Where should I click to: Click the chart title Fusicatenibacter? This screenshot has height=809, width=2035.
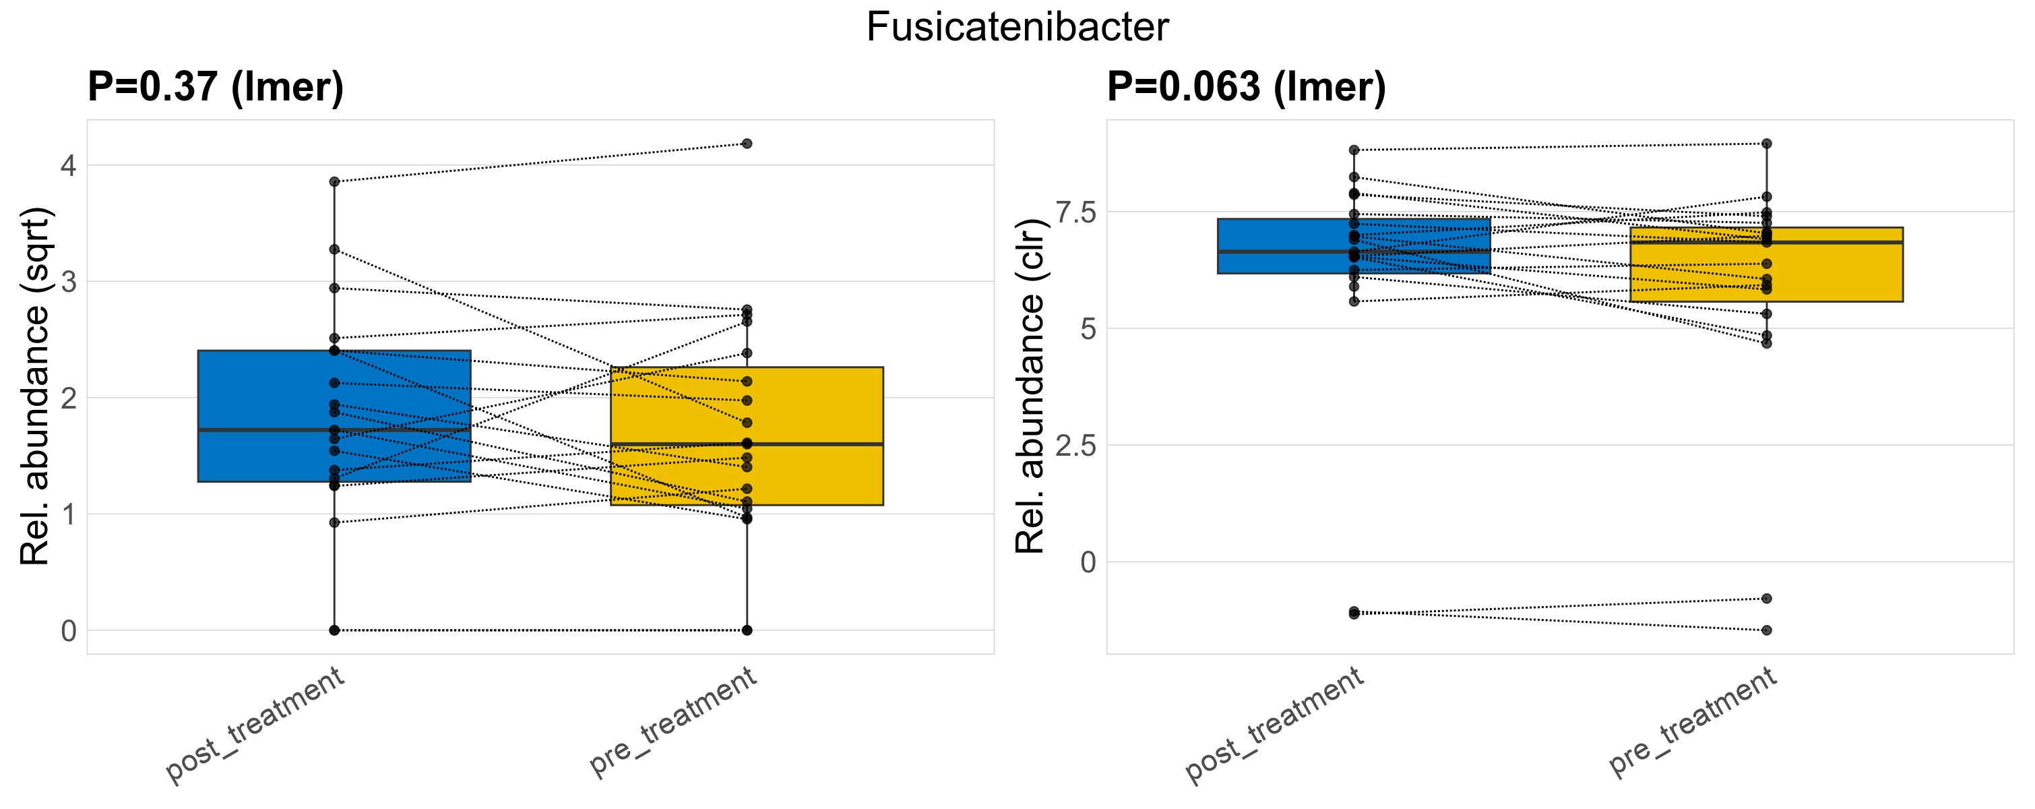[x=1017, y=28]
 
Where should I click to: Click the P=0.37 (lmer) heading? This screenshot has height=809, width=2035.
[x=216, y=87]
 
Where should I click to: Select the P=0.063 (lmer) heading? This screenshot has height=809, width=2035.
[x=1246, y=87]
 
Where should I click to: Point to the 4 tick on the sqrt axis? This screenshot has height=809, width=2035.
[x=69, y=166]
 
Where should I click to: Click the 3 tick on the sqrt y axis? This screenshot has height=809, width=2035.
[x=69, y=282]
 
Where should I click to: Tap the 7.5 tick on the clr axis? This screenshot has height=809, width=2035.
[x=1076, y=212]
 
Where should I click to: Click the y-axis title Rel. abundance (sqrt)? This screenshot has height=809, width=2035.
[x=35, y=386]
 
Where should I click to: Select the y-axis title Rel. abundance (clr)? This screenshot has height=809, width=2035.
[x=1030, y=386]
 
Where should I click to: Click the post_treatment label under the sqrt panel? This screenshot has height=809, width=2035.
[x=255, y=725]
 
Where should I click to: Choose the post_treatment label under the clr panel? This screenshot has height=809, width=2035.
[x=1274, y=725]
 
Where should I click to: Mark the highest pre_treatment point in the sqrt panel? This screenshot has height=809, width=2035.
[x=747, y=144]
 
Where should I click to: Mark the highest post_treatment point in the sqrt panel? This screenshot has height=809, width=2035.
[x=334, y=182]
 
